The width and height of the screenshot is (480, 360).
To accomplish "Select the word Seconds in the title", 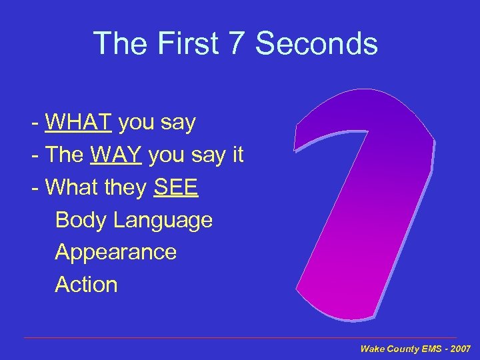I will pyautogui.click(x=317, y=44).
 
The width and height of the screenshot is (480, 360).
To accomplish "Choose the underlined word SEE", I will pyautogui.click(x=176, y=188).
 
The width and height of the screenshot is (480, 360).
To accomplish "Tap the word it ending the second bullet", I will pyautogui.click(x=237, y=155).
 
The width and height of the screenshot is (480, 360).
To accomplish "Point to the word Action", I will pyautogui.click(x=86, y=285).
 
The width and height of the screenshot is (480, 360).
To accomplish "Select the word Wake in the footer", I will pyautogui.click(x=373, y=349).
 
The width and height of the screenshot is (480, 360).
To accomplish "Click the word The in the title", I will pyautogui.click(x=117, y=44).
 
